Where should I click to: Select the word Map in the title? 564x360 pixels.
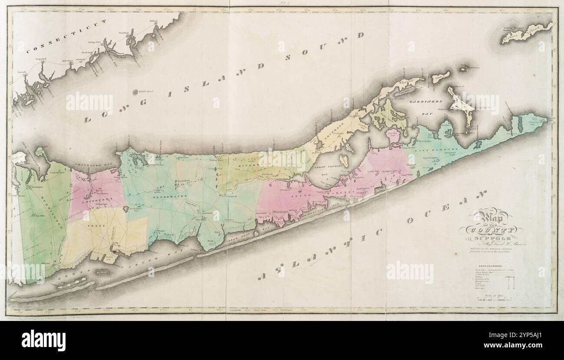(x=491, y=217)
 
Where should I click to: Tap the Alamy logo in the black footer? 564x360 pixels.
(x=43, y=339)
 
